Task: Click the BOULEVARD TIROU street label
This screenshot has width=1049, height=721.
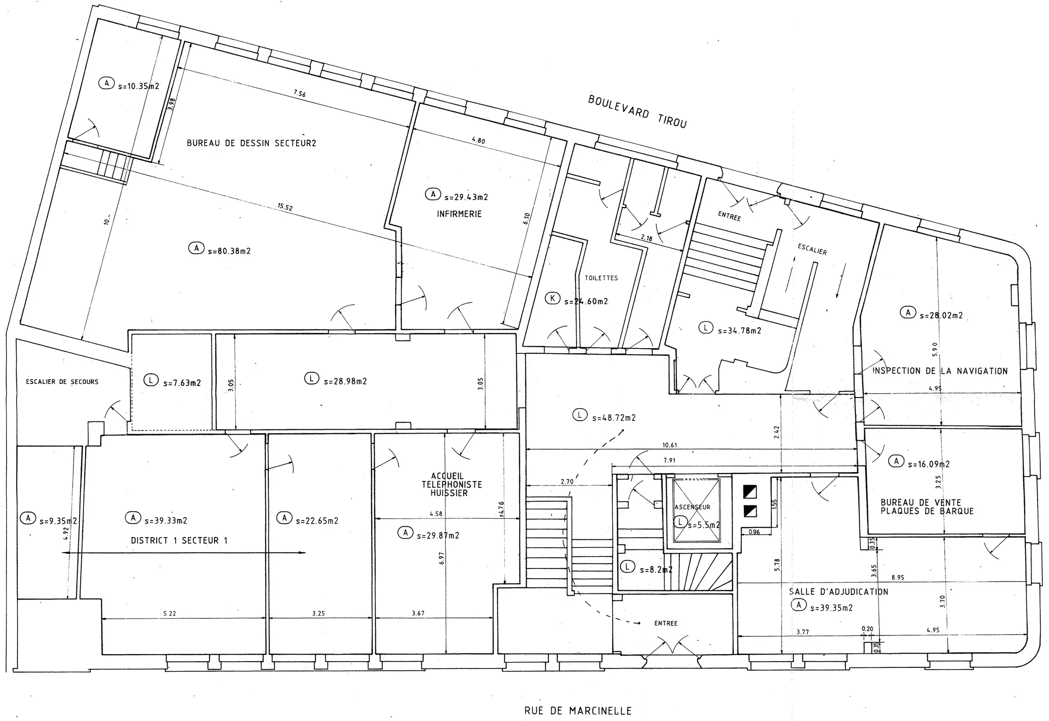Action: (637, 111)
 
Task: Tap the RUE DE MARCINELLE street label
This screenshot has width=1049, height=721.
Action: (578, 711)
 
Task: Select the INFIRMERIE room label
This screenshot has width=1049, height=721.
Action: (459, 214)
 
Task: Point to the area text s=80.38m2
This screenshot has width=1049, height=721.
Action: (229, 251)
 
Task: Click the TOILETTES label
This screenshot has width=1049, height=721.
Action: (601, 278)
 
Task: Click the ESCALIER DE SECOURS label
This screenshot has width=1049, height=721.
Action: (62, 382)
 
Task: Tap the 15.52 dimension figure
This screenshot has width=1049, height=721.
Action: (285, 207)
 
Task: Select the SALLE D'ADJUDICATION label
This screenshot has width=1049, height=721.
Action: (838, 591)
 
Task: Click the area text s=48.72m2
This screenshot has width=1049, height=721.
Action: (614, 418)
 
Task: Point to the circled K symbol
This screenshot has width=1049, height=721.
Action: (552, 298)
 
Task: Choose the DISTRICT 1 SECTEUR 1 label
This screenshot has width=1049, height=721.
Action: (179, 540)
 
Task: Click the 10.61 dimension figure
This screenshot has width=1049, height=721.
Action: (670, 445)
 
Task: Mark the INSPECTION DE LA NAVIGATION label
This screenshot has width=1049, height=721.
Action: (940, 371)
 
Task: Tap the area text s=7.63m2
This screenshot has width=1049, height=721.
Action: (182, 383)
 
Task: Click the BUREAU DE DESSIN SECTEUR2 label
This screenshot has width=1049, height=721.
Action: (251, 143)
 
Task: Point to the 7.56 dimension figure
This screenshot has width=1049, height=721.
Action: (299, 93)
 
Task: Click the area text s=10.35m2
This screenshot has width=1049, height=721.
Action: (139, 86)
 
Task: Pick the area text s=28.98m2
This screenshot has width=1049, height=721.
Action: (345, 381)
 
